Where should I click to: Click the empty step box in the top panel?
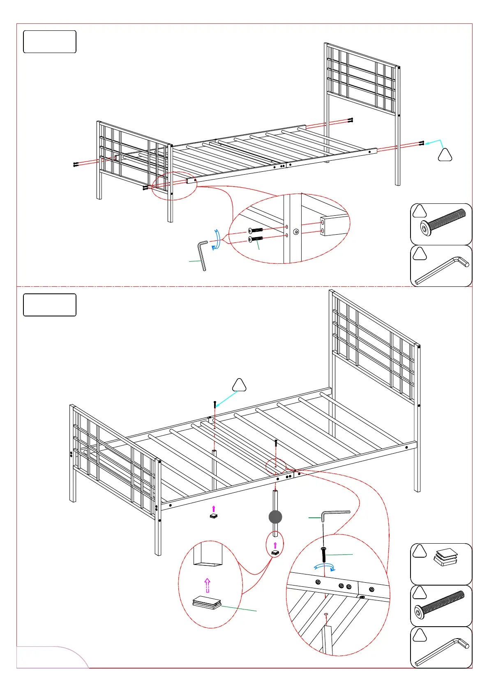click(x=50, y=42)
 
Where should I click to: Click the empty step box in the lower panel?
click(x=50, y=305)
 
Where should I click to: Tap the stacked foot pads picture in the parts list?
click(x=446, y=558)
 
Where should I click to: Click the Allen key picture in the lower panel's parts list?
click(x=442, y=651)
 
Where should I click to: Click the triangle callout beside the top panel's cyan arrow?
click(x=445, y=155)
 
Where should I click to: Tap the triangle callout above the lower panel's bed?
click(x=239, y=385)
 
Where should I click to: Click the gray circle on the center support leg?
click(x=275, y=517)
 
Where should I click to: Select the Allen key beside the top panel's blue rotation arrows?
click(x=203, y=255)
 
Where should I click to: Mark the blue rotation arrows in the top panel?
click(x=216, y=240)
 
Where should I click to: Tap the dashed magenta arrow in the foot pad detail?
click(x=208, y=585)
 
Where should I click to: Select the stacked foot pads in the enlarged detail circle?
click(x=207, y=603)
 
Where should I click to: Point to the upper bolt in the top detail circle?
click(x=256, y=230)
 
